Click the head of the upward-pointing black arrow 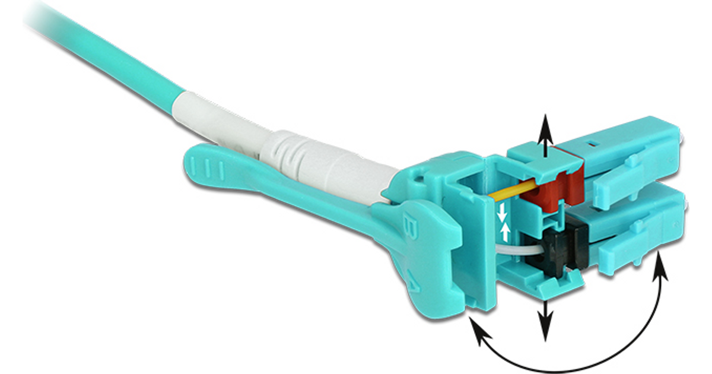tap(545, 127)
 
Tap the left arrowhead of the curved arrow tap(480, 329)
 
